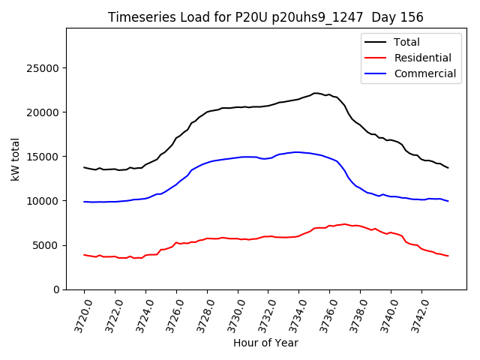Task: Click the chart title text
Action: (265, 17)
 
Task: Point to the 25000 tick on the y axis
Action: (44, 68)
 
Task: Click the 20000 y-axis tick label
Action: (44, 112)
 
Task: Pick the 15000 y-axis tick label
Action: (44, 157)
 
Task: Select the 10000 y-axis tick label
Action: (44, 201)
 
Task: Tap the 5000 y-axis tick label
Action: (47, 245)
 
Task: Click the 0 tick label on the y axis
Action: (56, 289)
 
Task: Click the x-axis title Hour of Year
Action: (265, 343)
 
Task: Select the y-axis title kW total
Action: (15, 159)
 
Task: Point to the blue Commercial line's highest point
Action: (296, 152)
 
